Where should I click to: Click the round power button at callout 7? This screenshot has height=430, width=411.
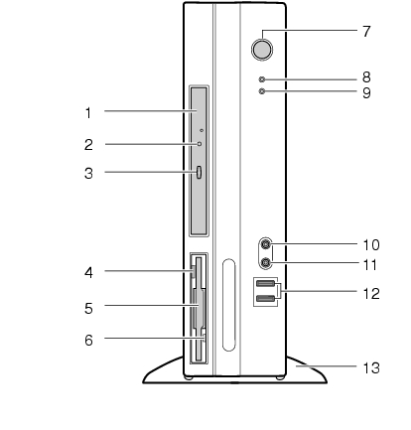[x=262, y=50]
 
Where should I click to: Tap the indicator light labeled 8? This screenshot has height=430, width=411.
[x=262, y=79]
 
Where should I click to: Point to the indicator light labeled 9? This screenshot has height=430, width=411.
[x=262, y=91]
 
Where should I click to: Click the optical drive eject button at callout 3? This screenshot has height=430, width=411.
[x=199, y=173]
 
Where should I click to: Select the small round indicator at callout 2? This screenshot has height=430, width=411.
[x=200, y=144]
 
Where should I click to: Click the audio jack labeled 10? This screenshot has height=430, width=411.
[x=266, y=244]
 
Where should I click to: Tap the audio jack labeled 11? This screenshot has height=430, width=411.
[x=266, y=263]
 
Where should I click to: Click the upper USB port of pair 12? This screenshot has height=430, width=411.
[x=265, y=283]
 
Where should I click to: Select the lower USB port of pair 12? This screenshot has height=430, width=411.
[x=265, y=299]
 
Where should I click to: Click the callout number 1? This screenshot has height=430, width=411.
[x=88, y=113]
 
